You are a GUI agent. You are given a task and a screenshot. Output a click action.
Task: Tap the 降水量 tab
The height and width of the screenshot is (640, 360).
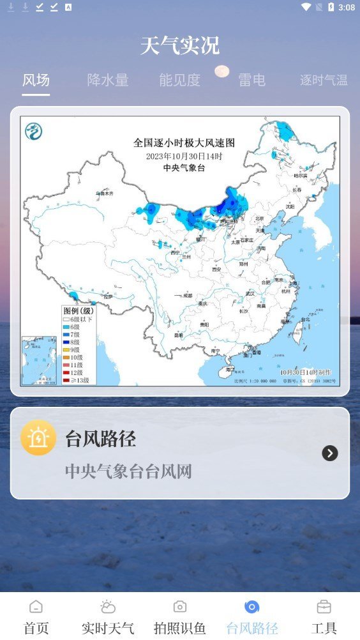click(108, 80)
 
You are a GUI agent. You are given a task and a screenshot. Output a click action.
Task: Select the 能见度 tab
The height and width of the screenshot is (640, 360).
click(179, 80)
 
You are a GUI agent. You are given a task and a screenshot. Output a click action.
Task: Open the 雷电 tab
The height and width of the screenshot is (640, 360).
click(251, 80)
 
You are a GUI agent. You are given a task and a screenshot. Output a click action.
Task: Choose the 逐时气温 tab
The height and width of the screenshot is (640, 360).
click(324, 80)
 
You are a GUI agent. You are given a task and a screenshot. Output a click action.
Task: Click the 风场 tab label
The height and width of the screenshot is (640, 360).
click(36, 80)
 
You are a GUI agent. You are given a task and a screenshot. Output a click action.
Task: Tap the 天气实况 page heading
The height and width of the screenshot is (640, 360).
click(180, 46)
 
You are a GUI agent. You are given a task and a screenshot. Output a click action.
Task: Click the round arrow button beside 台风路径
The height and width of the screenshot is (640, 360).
click(329, 453)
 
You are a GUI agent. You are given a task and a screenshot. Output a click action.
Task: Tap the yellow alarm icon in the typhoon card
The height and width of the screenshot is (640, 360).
click(38, 438)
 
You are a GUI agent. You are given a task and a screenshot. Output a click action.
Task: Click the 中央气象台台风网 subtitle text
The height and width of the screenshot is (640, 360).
click(128, 471)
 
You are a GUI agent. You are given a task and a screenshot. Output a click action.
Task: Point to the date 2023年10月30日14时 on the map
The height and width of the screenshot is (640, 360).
click(184, 156)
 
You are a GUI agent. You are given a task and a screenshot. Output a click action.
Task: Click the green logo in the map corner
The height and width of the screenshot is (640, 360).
click(33, 132)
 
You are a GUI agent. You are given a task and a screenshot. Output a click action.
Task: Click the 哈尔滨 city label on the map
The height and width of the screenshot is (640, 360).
click(300, 175)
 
